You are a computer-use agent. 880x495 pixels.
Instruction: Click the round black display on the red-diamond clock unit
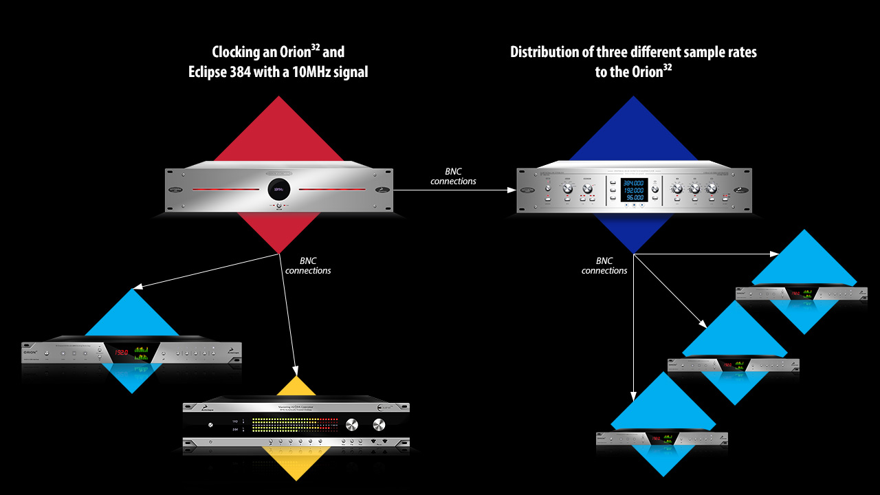point(278,189)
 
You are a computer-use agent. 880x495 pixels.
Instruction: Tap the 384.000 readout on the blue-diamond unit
point(632,184)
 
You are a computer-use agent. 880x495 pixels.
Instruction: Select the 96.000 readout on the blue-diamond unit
point(632,197)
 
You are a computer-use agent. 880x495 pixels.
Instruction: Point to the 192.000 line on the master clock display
point(632,190)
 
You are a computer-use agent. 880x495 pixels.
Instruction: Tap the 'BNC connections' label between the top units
point(453,177)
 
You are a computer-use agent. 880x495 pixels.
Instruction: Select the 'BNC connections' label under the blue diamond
point(604,266)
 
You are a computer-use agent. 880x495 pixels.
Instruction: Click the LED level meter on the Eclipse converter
point(296,424)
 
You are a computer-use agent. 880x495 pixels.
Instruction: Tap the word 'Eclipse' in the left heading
point(212,71)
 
